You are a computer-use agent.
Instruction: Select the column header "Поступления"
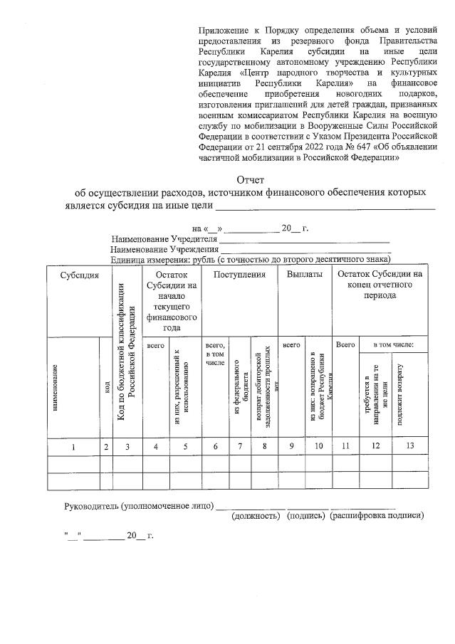[x=240, y=275]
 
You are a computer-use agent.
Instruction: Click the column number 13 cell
[x=408, y=445]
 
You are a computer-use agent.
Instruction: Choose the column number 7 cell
[x=241, y=445]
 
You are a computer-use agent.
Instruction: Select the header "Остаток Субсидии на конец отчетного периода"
[x=380, y=284]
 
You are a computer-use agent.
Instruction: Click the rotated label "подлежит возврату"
[x=400, y=391]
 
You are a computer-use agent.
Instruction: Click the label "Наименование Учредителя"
[x=164, y=239]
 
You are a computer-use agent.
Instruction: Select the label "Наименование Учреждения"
[x=164, y=250]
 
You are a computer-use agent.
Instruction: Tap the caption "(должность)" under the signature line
[x=257, y=515]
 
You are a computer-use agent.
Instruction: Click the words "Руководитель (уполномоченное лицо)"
[x=139, y=505]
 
